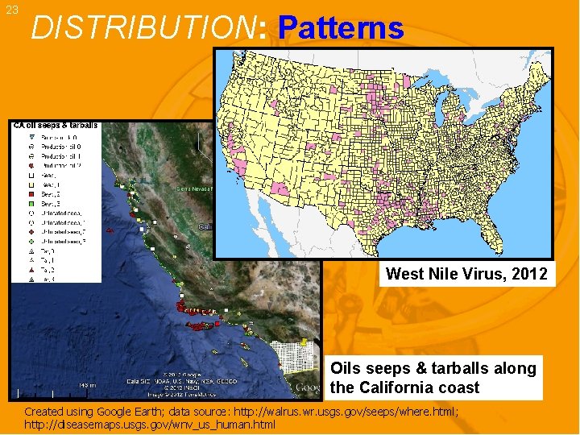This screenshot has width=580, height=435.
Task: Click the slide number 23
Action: pyautogui.click(x=11, y=10)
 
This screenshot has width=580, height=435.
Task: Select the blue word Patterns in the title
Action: pyautogui.click(x=340, y=28)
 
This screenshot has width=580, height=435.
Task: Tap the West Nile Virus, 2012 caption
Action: pyautogui.click(x=466, y=274)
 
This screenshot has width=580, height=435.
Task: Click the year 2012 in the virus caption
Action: pyautogui.click(x=530, y=274)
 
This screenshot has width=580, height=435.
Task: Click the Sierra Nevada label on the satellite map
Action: pyautogui.click(x=195, y=188)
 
